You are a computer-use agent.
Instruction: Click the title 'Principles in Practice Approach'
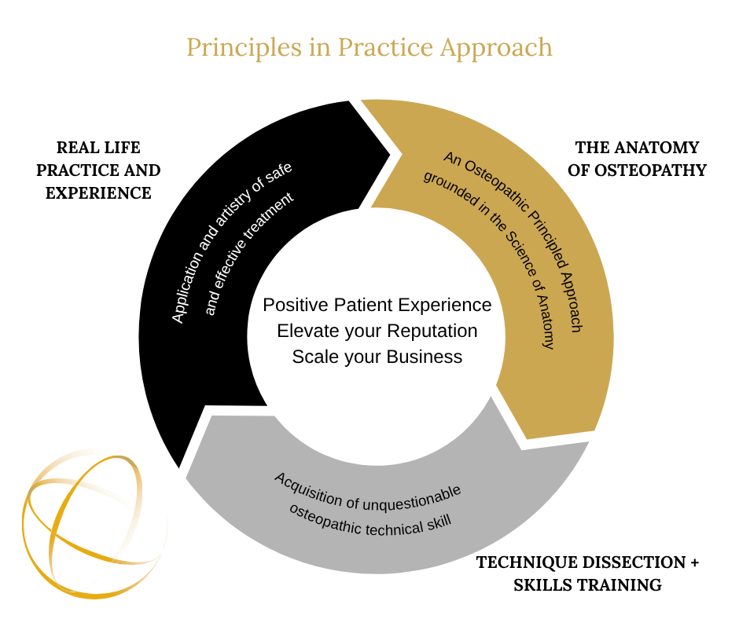[369, 48]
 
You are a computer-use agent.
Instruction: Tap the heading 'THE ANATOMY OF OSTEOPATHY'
[637, 159]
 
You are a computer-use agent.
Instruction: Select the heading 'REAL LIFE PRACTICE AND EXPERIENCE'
[98, 170]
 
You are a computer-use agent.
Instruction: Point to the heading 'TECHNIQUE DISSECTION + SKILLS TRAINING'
[587, 573]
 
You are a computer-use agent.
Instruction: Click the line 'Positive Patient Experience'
[377, 305]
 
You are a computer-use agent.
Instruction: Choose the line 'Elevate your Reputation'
[377, 331]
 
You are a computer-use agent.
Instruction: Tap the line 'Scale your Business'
[377, 357]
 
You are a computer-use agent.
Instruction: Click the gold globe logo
[94, 524]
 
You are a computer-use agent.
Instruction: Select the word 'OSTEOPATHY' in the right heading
[651, 170]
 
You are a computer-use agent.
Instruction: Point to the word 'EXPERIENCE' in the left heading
[98, 193]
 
